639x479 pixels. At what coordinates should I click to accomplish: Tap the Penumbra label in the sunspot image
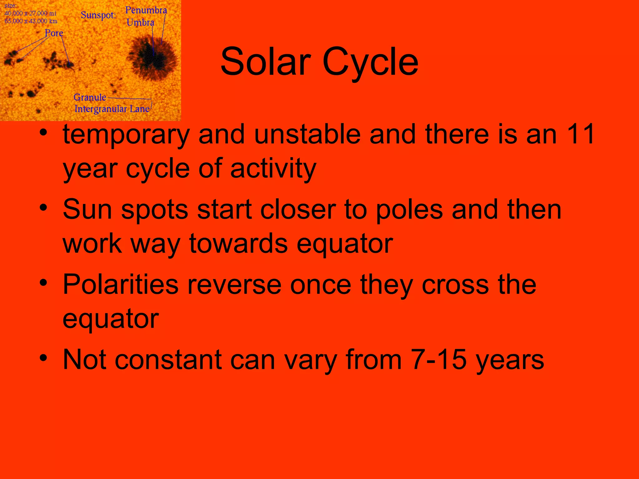(x=146, y=10)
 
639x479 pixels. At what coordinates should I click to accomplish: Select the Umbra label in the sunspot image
(x=140, y=22)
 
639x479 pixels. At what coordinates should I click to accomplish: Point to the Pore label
(x=54, y=33)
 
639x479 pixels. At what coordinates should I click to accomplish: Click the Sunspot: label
(x=98, y=15)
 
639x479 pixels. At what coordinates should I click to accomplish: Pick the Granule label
(x=90, y=97)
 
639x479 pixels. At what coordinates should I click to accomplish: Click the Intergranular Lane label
(x=112, y=109)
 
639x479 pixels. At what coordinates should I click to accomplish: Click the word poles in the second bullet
(x=409, y=210)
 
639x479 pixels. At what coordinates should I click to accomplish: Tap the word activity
(x=273, y=168)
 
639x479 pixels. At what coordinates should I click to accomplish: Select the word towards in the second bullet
(x=238, y=244)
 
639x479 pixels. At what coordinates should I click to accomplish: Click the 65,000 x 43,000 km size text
(x=31, y=21)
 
